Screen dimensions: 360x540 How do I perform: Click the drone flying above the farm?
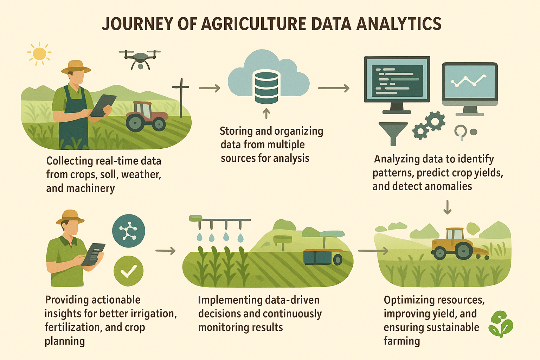[x=140, y=58]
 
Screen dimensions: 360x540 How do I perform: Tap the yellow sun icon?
[x=39, y=54]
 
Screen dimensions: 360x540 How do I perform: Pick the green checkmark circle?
[x=128, y=271]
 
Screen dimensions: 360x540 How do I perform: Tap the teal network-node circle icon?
[x=128, y=231]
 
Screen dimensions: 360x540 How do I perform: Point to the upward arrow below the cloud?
[x=266, y=114]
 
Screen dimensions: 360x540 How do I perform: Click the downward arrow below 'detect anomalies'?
[x=447, y=207]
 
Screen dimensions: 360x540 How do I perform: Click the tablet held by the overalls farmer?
[x=103, y=105]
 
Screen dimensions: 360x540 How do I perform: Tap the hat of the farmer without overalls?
[x=70, y=216]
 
